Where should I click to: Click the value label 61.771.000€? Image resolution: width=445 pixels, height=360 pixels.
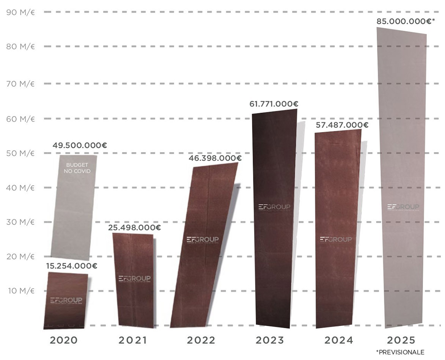coord(274,104)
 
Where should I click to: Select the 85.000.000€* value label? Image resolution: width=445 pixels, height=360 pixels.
coord(406,21)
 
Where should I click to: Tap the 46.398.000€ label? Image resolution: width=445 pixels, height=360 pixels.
coord(215,158)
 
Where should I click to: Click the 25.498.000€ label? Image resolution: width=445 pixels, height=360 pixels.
coord(134,228)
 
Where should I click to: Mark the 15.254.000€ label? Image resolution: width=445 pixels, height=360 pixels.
coord(71,266)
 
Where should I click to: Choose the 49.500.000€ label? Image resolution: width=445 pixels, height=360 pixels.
coord(79,145)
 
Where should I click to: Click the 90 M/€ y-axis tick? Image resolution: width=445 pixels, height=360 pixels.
coord(21,12)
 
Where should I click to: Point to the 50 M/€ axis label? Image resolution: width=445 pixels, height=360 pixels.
coord(21,153)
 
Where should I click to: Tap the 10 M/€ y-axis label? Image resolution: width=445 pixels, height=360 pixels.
coord(21,291)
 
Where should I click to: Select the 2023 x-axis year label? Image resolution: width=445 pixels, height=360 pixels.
coord(269,340)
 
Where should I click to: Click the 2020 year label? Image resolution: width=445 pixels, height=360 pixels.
coord(63,340)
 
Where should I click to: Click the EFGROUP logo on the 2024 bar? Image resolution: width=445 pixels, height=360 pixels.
coord(336,239)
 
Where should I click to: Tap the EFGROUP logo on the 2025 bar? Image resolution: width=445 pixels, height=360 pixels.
coord(403,207)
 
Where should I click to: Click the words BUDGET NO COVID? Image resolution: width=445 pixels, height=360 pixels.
coord(78,168)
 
